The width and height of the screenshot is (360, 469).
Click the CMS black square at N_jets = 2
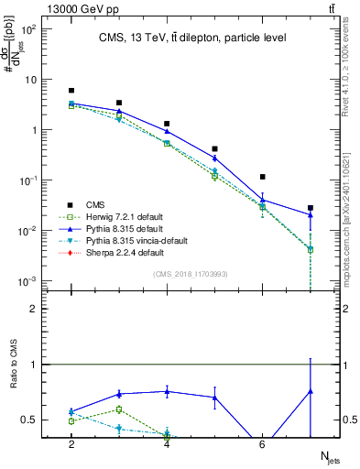[71, 91]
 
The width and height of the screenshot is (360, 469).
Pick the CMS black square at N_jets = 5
[214, 148]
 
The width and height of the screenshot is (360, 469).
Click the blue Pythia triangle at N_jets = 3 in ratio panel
[119, 395]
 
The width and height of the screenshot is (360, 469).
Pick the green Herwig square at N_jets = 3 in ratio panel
[119, 409]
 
